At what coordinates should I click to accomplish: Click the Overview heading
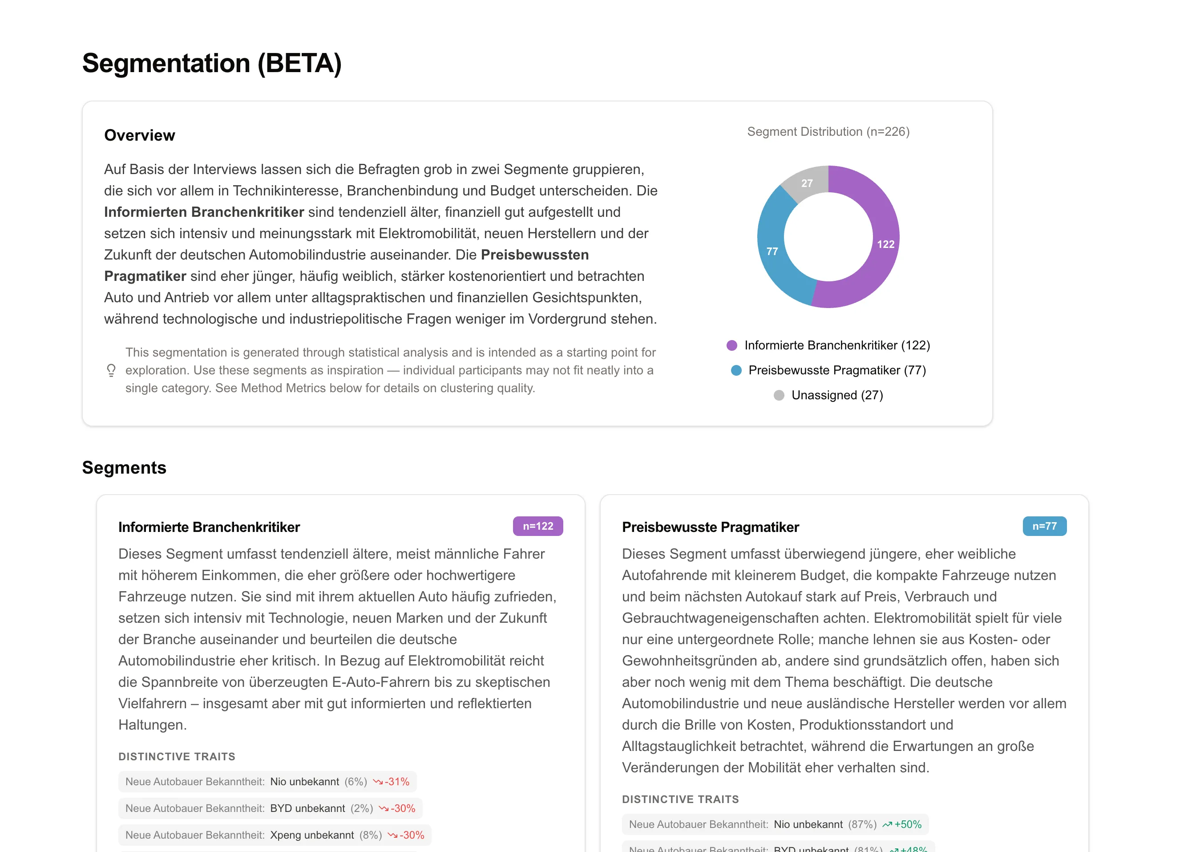point(140,135)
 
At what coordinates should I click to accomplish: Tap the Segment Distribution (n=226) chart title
point(828,132)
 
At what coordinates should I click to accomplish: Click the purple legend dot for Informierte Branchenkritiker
point(731,345)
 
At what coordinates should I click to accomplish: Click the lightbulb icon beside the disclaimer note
point(111,370)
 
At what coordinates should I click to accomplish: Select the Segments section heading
point(124,467)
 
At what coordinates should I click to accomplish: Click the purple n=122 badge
point(537,526)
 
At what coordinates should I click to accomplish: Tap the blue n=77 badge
point(1044,526)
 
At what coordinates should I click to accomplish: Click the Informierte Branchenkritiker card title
point(209,527)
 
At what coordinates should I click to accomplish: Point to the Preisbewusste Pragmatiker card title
point(710,527)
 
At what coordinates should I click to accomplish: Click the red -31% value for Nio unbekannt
point(396,782)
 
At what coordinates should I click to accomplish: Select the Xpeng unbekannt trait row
point(274,835)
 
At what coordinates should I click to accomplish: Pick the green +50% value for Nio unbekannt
point(908,824)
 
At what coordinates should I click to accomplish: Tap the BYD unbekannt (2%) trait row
point(270,808)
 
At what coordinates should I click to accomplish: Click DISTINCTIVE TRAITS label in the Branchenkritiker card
point(177,757)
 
